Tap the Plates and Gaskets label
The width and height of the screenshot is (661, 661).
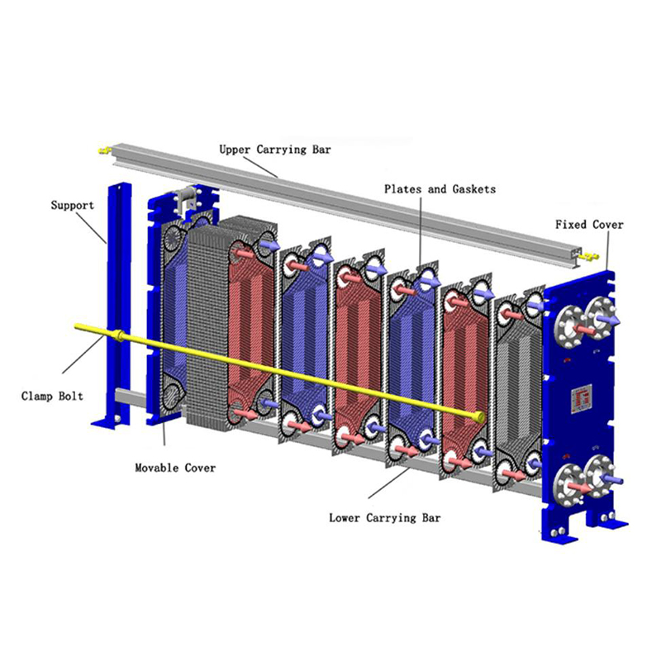tap(440, 189)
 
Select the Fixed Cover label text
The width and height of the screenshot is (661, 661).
tap(589, 224)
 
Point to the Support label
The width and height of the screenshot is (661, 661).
tap(73, 205)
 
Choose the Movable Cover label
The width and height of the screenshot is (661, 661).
tap(175, 468)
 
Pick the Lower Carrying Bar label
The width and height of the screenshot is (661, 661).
tap(385, 518)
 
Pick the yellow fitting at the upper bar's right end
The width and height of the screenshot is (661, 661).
tap(589, 257)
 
